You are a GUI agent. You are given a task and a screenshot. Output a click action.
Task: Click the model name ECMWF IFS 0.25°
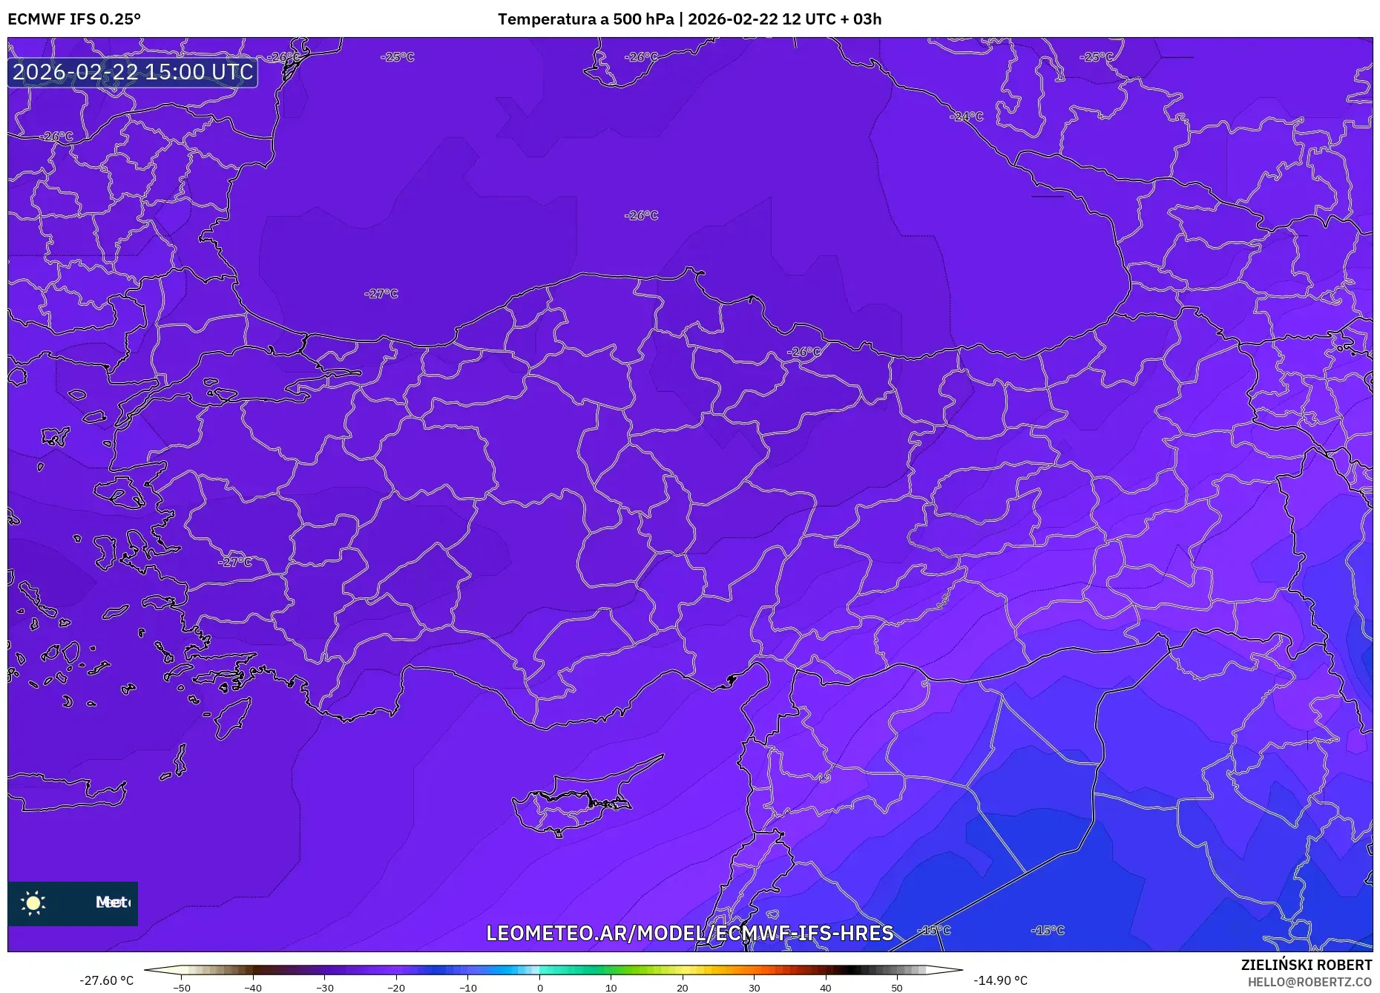click(x=73, y=19)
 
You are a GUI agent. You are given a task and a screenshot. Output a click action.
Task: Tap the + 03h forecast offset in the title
click(x=861, y=19)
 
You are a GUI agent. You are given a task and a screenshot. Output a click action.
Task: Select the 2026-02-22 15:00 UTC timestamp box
click(x=133, y=72)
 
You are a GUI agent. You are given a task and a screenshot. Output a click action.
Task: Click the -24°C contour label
click(x=967, y=117)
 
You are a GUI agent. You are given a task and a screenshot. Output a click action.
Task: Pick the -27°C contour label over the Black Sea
click(x=381, y=294)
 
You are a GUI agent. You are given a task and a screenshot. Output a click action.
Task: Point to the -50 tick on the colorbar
click(x=182, y=986)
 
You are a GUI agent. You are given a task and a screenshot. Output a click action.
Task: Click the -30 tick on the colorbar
click(x=325, y=986)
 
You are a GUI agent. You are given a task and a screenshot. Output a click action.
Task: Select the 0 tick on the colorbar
click(x=540, y=986)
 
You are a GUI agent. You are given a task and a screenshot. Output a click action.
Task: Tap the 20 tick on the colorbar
click(x=683, y=986)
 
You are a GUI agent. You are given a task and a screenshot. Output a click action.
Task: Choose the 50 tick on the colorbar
click(x=897, y=986)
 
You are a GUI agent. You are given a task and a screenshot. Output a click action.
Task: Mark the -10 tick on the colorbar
click(x=468, y=986)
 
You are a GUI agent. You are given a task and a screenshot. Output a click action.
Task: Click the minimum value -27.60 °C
click(x=107, y=980)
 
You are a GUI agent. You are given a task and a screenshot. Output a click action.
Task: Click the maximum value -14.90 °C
click(x=1000, y=980)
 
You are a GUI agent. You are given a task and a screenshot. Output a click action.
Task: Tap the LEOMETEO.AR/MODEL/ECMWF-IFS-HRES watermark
click(x=689, y=933)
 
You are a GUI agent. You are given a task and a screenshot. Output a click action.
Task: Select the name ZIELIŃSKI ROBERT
click(x=1306, y=965)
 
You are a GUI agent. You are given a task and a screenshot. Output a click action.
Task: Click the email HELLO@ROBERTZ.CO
click(x=1309, y=982)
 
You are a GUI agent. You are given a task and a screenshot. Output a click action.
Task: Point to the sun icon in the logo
click(x=33, y=903)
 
